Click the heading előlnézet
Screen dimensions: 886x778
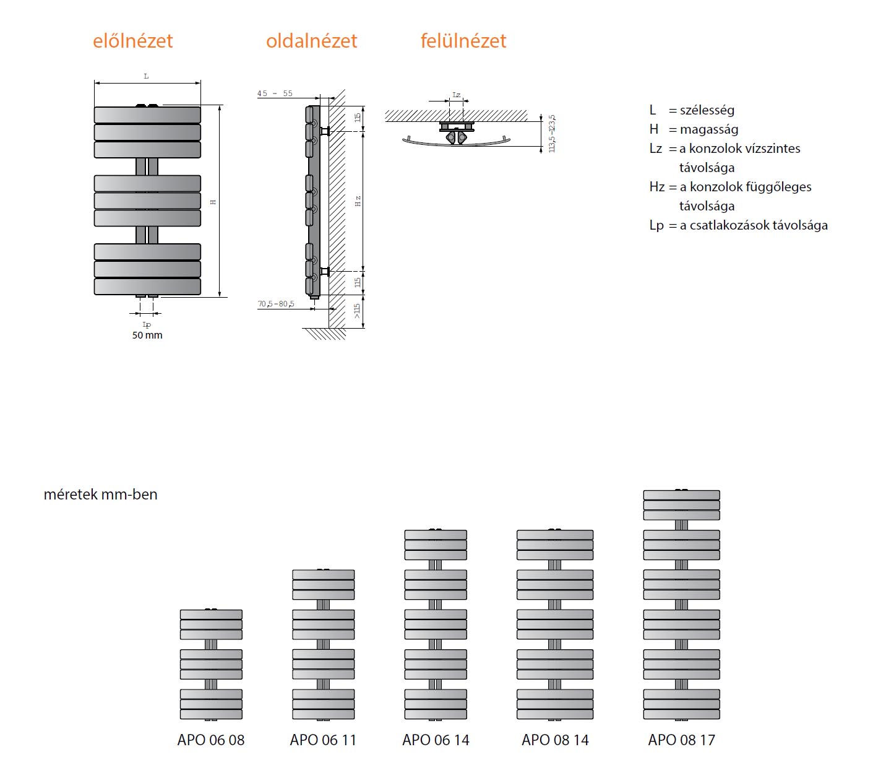coord(132,41)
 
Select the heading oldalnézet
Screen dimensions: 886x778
coord(311,41)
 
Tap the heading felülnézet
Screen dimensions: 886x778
coord(463,41)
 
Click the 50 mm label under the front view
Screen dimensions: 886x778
coord(147,335)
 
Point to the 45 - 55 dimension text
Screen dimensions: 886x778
coord(275,93)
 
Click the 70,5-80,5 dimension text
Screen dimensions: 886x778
coord(276,304)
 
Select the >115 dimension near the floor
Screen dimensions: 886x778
coord(357,311)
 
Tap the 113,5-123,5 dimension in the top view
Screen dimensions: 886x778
coord(552,134)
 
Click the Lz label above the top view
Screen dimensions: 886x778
coord(456,95)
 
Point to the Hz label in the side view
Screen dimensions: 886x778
coord(358,201)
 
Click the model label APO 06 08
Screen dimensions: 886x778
coord(211,740)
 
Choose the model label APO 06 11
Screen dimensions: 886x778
coord(323,740)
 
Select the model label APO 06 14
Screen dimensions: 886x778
coord(436,740)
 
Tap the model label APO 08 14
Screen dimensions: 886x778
coord(555,740)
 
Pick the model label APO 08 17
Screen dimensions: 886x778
coord(681,740)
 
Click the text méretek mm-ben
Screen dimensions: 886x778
coord(101,495)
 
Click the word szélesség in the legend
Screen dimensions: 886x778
coord(707,110)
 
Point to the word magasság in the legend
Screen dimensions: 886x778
coord(709,129)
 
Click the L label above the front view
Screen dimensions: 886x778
coord(147,77)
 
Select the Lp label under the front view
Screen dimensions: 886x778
coord(147,325)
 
